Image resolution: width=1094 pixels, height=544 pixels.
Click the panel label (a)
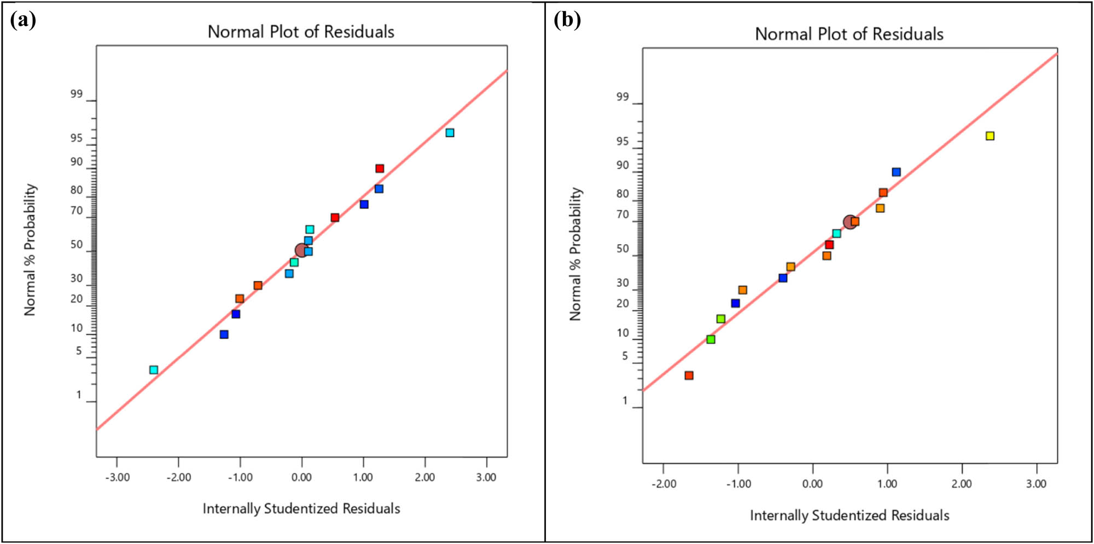point(23,20)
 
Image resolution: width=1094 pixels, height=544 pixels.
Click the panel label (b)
point(567,20)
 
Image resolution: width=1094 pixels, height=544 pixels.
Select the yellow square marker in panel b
point(990,136)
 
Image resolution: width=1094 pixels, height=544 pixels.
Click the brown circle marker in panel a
point(301,250)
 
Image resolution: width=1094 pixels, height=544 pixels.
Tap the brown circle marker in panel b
point(849,222)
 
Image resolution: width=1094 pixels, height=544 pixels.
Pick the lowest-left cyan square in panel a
point(154,370)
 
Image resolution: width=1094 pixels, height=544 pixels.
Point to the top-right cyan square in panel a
point(450,132)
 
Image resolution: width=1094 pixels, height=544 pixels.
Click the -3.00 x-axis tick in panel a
point(117,477)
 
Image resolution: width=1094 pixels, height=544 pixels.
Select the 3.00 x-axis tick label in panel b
point(1036,484)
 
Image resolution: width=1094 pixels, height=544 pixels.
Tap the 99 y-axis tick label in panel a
point(77,94)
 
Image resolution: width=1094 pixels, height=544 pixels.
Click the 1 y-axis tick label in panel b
point(625,401)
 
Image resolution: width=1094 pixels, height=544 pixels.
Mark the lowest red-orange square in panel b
point(689,375)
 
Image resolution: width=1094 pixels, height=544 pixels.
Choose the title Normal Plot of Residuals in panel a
point(301,32)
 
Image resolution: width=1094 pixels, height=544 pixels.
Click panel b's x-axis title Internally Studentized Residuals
point(849,516)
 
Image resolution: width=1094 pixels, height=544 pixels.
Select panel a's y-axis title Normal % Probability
point(30,250)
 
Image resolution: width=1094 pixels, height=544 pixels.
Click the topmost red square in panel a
point(380,169)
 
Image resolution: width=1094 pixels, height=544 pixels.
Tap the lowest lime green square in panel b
point(711,339)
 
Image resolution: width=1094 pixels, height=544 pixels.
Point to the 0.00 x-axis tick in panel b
point(812,484)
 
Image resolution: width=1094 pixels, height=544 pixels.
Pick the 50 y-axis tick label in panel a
point(77,245)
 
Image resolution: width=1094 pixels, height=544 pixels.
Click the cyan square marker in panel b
point(836,234)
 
